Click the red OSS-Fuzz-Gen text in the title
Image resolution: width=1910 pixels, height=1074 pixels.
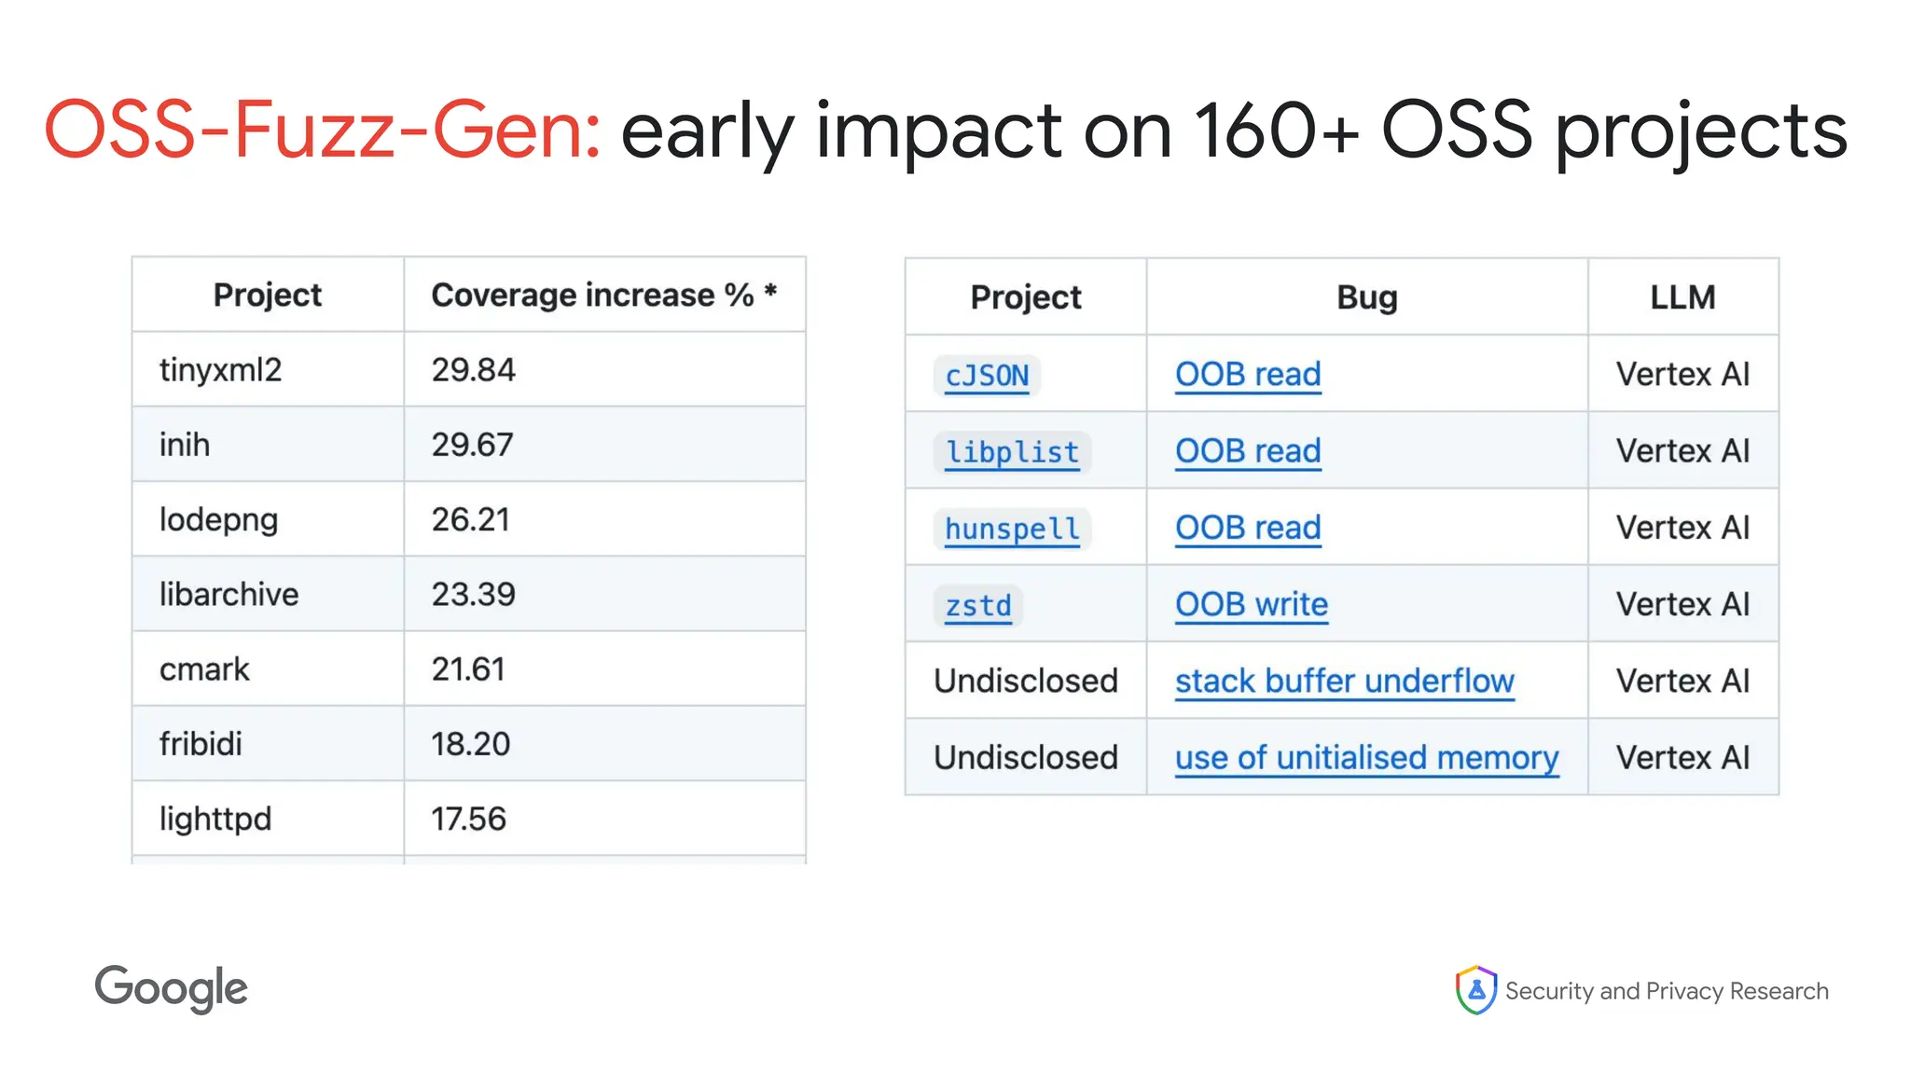(x=323, y=130)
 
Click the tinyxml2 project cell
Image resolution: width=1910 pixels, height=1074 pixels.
(x=220, y=370)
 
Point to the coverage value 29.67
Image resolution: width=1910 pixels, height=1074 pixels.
(x=472, y=445)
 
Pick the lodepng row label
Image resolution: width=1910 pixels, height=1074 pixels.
(x=218, y=519)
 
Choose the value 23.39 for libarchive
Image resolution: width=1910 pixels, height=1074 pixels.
(x=473, y=594)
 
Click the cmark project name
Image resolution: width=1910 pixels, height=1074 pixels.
(x=204, y=669)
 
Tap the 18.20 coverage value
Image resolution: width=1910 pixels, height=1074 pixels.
(x=470, y=744)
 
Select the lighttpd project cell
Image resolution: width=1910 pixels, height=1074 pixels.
(x=215, y=819)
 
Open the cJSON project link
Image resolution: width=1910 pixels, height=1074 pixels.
(x=987, y=375)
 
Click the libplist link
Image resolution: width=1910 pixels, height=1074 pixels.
(x=1012, y=452)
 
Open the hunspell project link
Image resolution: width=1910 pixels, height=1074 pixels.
(x=1012, y=529)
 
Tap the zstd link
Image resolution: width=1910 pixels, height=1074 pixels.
(x=978, y=605)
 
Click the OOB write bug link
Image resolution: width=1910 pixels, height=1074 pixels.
(x=1251, y=604)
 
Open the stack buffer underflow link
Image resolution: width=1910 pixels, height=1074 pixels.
(x=1344, y=681)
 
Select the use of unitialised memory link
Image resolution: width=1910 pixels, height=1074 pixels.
(x=1366, y=757)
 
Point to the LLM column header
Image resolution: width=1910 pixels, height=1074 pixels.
(x=1682, y=297)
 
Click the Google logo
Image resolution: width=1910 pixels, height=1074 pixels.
(x=172, y=988)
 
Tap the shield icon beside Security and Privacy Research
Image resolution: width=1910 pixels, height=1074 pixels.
(x=1475, y=990)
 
